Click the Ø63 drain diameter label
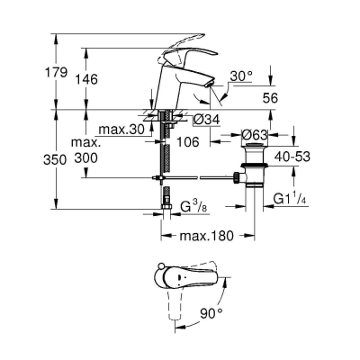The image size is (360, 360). [254, 135]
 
